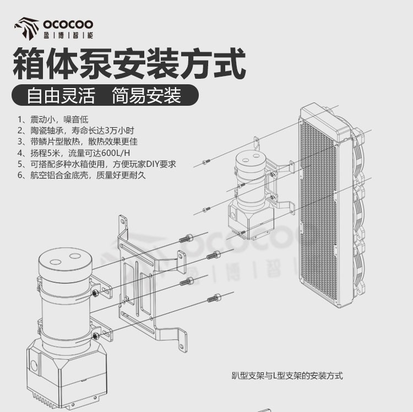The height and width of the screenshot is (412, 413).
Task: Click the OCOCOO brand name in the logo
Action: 68,24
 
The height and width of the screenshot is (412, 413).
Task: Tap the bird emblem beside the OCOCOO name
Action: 26,29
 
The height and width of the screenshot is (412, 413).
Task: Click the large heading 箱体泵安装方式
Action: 129,63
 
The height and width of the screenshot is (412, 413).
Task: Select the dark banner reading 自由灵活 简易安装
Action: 105,95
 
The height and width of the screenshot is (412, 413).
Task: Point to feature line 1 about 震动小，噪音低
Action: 53,120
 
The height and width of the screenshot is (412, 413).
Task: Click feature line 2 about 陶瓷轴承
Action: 76,131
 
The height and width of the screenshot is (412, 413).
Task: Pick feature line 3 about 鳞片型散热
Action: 78,142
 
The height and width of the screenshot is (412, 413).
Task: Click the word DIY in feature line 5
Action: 153,164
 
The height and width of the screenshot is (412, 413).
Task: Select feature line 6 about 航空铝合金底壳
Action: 81,175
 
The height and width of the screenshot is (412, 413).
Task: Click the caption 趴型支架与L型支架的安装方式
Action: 287,376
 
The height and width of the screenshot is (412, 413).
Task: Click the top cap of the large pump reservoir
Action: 66,263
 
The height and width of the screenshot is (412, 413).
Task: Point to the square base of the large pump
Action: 67,374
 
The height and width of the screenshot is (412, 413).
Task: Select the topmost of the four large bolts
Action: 186,238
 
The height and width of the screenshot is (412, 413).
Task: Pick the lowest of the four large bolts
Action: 214,298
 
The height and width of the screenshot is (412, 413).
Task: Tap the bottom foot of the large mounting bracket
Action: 182,340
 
